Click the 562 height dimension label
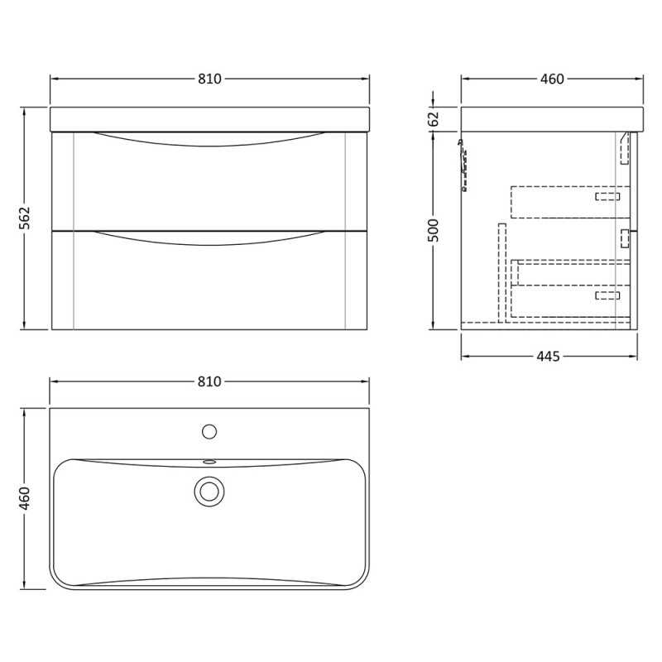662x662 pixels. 26,218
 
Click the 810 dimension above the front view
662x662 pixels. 209,79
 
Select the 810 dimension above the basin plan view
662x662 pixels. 209,381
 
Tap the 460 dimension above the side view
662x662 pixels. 552,79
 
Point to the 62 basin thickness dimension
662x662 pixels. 434,119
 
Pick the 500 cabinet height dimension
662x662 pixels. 434,231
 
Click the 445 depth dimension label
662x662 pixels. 549,357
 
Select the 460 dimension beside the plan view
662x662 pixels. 26,498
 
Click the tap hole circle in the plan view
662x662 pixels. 209,431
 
